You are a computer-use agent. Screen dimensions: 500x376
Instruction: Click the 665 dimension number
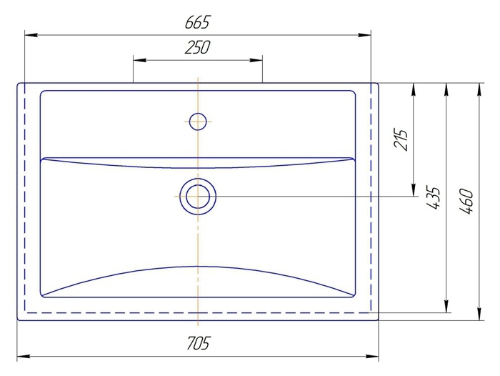click(x=198, y=22)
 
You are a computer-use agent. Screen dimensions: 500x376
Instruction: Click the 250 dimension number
click(x=197, y=47)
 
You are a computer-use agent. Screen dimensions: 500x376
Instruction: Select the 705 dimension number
click(x=198, y=343)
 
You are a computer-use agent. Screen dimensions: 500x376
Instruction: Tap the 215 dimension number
click(x=401, y=139)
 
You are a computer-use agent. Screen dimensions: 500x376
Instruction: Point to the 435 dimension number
click(x=433, y=198)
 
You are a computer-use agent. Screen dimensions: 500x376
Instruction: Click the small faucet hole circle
click(x=198, y=122)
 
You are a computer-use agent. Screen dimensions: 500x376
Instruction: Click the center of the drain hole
click(x=198, y=197)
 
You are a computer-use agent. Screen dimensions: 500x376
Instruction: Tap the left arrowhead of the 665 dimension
click(x=31, y=35)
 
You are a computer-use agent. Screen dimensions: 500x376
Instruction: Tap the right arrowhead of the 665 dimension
click(x=364, y=35)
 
